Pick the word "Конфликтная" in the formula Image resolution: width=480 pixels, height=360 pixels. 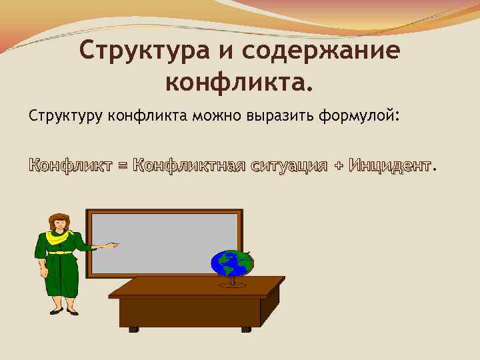(189, 164)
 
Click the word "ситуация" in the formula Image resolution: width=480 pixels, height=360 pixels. (289, 165)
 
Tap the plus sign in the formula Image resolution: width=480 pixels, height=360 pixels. (340, 165)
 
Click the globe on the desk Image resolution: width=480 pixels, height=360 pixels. (231, 264)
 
